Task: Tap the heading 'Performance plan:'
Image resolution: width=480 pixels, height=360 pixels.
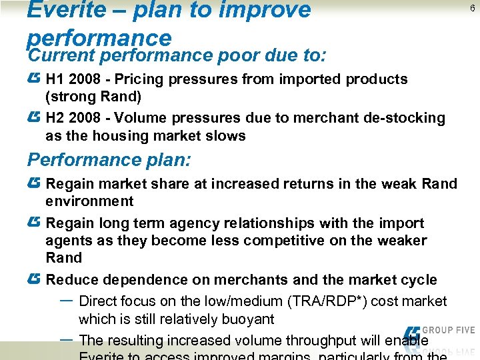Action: tap(109, 160)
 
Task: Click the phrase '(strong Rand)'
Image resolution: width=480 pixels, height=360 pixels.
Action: tap(93, 97)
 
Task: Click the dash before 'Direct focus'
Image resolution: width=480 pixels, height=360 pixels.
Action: tap(67, 300)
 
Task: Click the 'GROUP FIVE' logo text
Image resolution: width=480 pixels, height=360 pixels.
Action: tap(449, 330)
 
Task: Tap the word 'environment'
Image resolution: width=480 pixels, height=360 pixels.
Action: tap(89, 201)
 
